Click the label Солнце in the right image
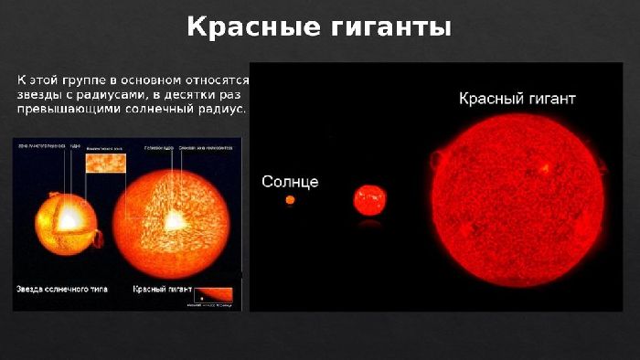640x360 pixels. tap(290, 182)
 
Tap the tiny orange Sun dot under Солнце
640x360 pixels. tap(290, 199)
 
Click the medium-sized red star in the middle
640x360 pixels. tap(370, 197)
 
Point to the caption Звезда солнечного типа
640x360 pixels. tap(61, 289)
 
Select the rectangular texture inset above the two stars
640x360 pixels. tap(103, 164)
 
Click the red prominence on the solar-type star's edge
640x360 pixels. tap(98, 239)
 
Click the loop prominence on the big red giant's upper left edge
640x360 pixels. tap(438, 159)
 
